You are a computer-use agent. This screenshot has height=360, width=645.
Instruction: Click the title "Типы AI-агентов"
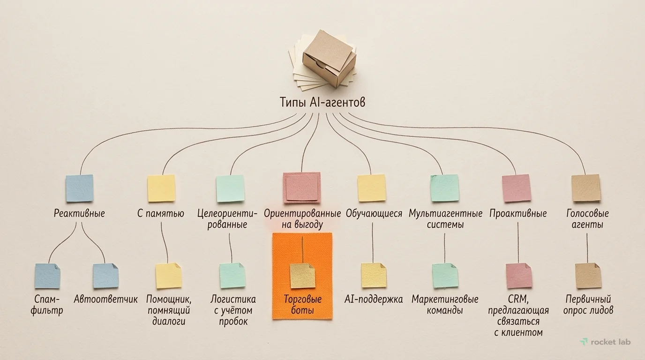pos(322,102)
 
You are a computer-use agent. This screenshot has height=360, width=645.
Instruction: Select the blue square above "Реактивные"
pos(80,188)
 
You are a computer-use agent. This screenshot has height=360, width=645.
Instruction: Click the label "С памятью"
pos(160,213)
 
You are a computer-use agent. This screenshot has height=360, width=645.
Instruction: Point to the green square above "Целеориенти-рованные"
pos(230,188)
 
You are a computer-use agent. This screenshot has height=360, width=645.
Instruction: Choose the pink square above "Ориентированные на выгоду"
pos(302,188)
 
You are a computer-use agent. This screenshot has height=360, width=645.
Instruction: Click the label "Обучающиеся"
pos(374,213)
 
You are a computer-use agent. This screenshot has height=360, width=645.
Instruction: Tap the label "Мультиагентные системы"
pos(445,219)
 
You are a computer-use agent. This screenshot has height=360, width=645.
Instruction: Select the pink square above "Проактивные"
pos(517,188)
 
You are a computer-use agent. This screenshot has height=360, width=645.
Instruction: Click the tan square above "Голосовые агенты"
pos(586,188)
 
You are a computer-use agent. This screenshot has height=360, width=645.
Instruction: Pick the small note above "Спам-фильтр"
pos(47,276)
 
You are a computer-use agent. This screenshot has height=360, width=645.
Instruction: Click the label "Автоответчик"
pos(105,299)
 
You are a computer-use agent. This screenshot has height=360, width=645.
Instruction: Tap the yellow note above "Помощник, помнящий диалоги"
pos(168,276)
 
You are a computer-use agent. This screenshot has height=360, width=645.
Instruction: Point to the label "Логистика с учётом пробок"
pos(233,310)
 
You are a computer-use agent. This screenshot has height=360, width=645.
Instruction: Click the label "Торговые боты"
pos(302,305)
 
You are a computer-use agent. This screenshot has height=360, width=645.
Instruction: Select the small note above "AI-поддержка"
pos(374,275)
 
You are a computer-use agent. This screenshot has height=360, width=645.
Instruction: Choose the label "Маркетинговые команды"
pos(445,305)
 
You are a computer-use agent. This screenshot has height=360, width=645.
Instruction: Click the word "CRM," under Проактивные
pos(518,300)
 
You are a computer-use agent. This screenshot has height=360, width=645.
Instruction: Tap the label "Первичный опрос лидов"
pos(588,305)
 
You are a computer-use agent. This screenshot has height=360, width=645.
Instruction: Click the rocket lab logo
pos(605,342)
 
